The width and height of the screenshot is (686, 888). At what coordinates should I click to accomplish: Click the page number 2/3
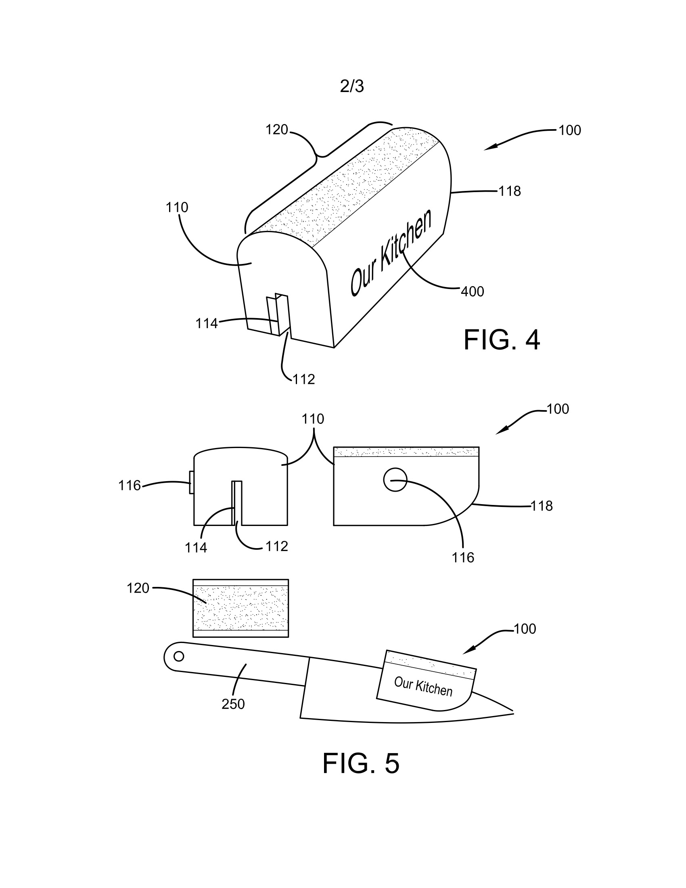click(352, 87)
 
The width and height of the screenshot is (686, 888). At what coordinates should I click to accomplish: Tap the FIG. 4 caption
click(502, 341)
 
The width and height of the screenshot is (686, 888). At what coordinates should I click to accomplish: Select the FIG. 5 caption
click(361, 764)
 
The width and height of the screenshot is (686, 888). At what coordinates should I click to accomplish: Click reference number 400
click(472, 291)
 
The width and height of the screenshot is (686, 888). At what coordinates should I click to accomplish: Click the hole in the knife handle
click(179, 656)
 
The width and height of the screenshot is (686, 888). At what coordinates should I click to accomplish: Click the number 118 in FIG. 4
click(510, 191)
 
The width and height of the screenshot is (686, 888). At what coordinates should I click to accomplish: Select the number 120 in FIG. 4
click(277, 130)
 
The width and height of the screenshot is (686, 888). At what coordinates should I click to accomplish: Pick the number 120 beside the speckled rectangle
click(138, 589)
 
